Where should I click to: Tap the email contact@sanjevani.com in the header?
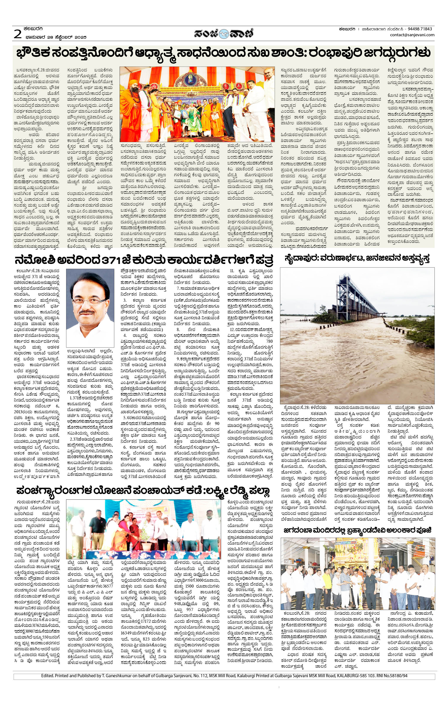point(412,35)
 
